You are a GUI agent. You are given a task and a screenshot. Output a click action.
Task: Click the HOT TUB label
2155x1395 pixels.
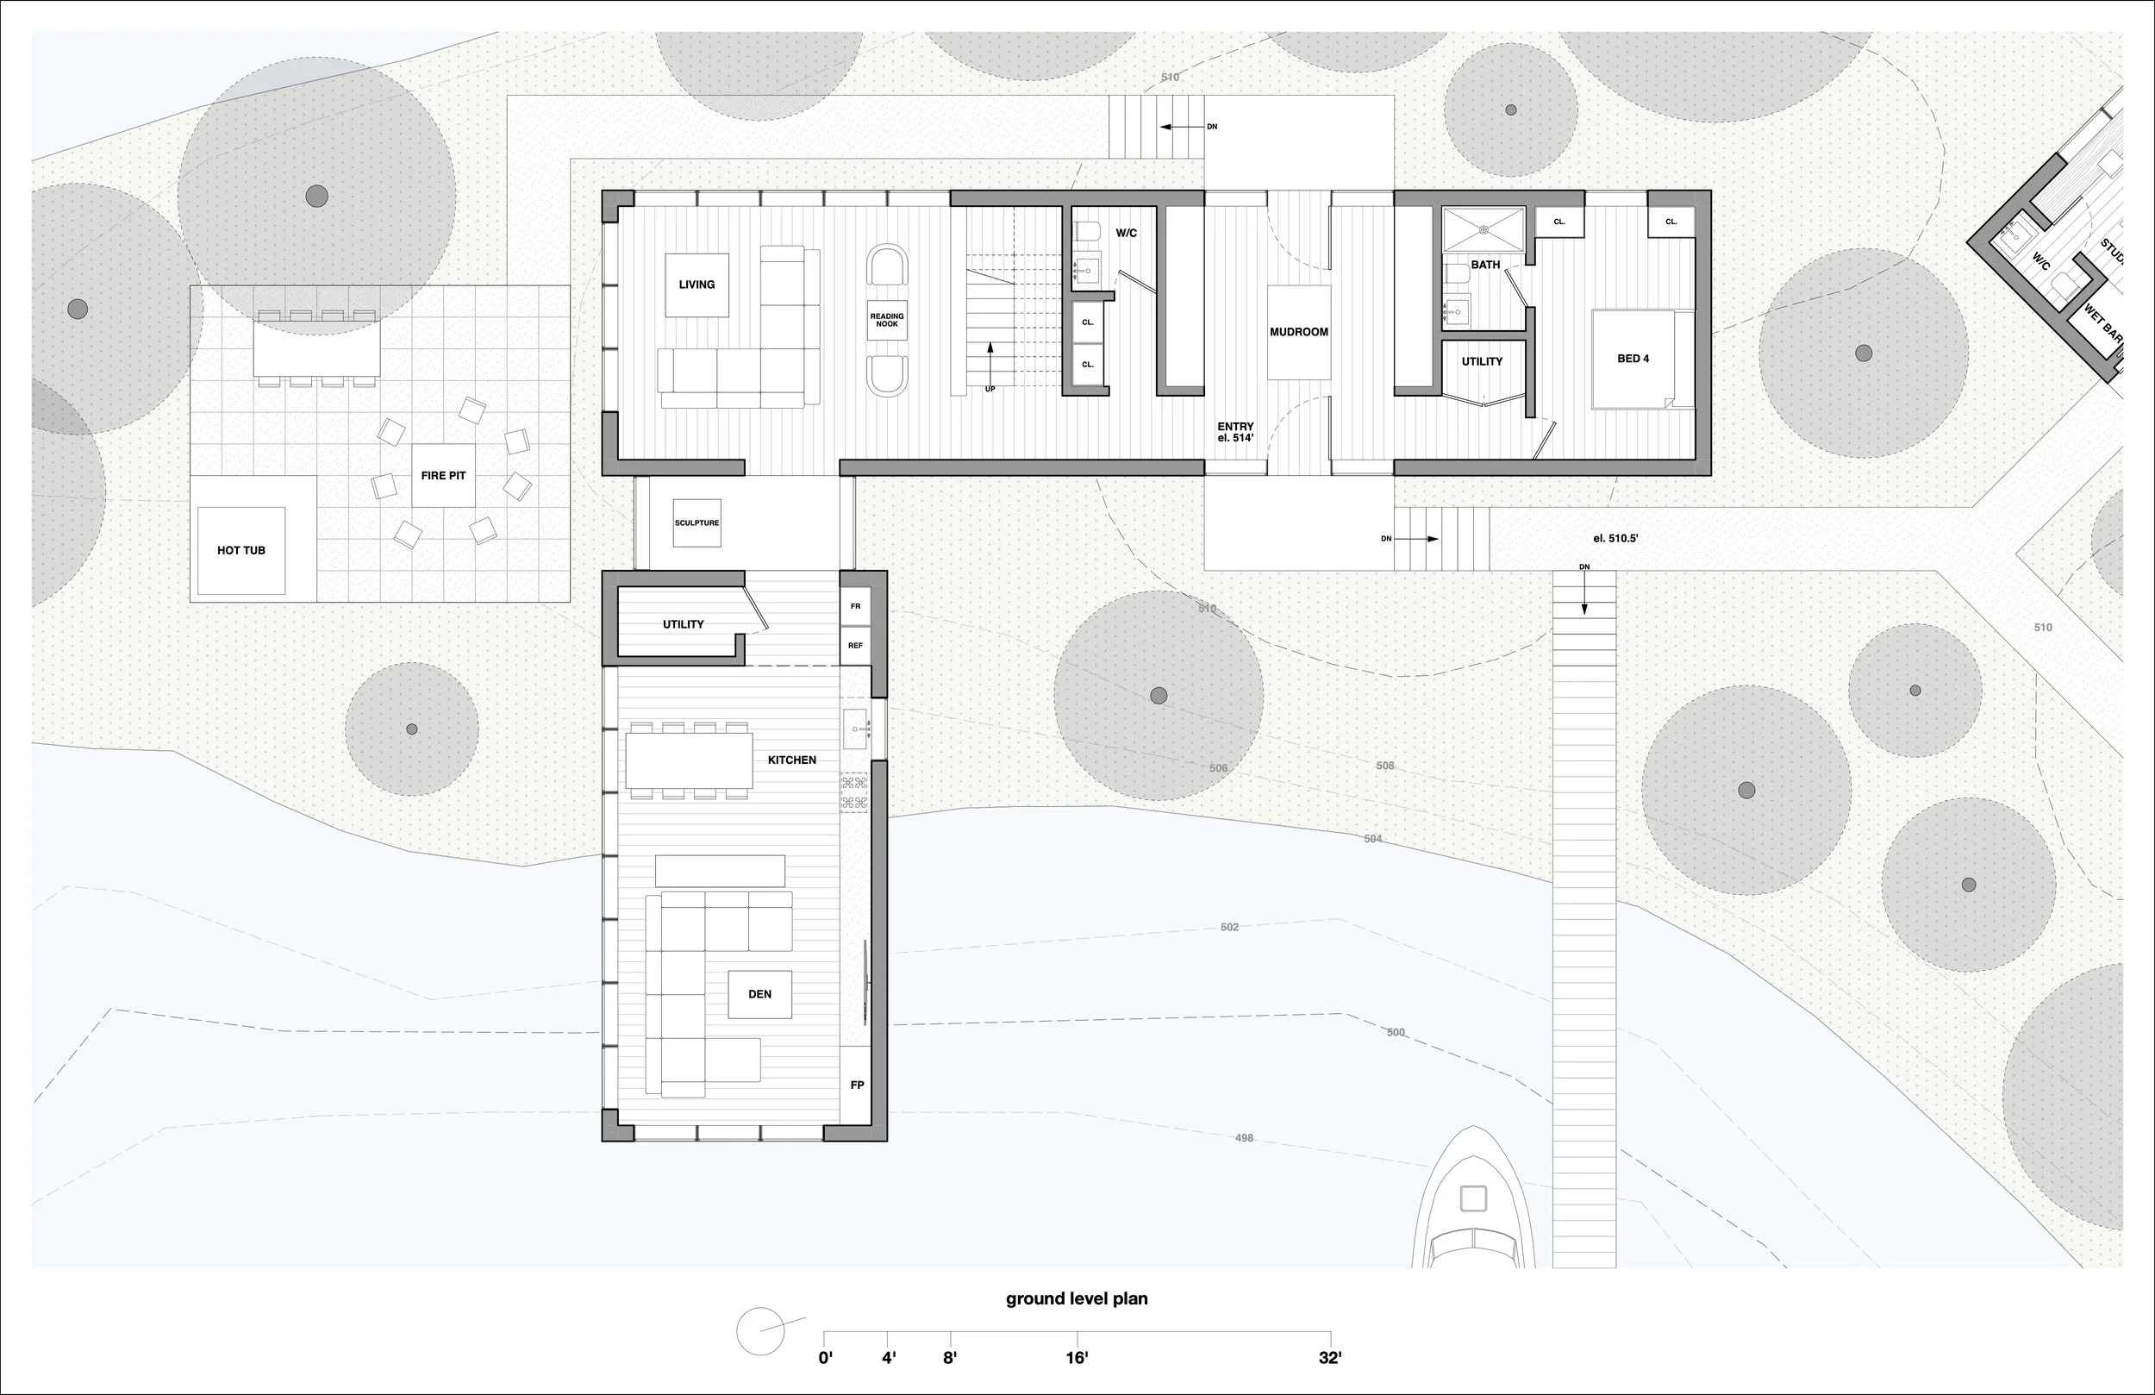pos(240,550)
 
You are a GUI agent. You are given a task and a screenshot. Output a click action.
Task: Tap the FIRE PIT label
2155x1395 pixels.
pos(443,476)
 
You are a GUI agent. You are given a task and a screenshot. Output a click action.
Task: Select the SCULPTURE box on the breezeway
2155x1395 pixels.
pos(697,522)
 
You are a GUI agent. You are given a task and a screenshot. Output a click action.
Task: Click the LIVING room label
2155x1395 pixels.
pos(696,285)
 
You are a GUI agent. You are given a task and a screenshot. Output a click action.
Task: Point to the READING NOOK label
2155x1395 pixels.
pos(886,321)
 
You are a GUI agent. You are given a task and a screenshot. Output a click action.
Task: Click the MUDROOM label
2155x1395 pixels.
pos(1298,333)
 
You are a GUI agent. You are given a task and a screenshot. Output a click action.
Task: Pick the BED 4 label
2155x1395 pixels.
pos(1633,359)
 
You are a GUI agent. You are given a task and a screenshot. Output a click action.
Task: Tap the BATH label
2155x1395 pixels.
pos(1485,265)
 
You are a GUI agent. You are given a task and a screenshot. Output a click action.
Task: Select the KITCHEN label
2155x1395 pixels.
pos(791,760)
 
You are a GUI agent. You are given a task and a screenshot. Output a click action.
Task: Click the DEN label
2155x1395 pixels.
pos(759,994)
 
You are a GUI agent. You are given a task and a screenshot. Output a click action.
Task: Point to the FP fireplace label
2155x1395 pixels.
pos(857,1085)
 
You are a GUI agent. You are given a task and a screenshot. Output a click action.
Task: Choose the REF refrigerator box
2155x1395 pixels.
pos(855,646)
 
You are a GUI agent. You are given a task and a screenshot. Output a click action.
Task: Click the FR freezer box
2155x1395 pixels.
pos(855,606)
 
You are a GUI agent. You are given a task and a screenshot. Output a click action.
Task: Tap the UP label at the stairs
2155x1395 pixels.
pos(990,390)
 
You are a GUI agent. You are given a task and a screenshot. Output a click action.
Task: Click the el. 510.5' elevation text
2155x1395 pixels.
pos(1615,538)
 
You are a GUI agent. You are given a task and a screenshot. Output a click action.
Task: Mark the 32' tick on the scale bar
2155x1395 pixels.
pos(1330,1337)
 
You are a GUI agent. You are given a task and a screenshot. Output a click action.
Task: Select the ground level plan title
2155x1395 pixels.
pos(1077,1298)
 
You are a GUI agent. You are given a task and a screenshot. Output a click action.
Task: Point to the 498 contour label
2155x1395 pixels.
pos(1244,1138)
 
